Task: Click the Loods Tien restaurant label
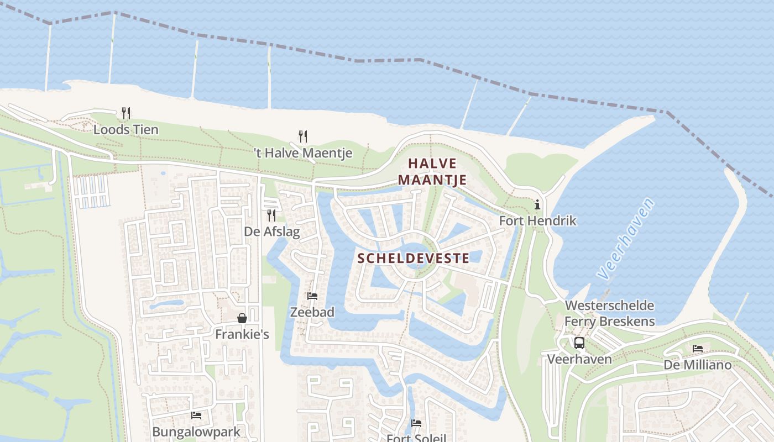pos(126,130)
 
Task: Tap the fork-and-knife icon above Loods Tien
pos(126,113)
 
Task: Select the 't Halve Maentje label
pos(303,153)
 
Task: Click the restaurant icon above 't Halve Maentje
pos(303,136)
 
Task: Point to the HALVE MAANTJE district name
pos(432,171)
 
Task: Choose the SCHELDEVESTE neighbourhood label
pos(414,258)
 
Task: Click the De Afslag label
pos(272,231)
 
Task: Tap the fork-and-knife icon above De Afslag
pos(271,215)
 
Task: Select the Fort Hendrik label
pos(537,221)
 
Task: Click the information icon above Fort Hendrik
pos(537,205)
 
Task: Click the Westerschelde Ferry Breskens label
pos(609,313)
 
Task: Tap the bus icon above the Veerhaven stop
pos(579,343)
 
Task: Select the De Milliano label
pos(698,365)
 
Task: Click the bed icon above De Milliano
pos(698,349)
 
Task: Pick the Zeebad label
pos(312,313)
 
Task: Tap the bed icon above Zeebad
pos(312,296)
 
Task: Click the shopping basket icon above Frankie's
pos(242,318)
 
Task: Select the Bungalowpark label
pos(196,432)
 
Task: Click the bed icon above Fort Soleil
pos(416,423)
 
